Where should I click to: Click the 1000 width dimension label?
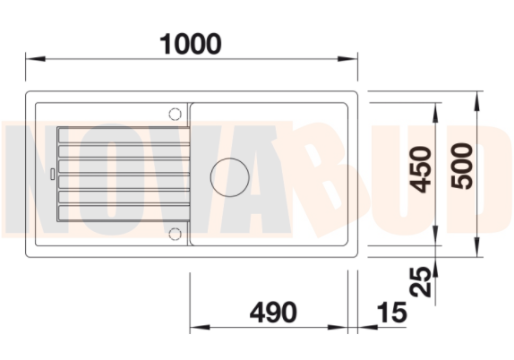[x=190, y=44]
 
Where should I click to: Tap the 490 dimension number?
[x=273, y=313]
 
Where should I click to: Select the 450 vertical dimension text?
[x=421, y=169]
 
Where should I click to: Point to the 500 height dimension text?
[x=462, y=166]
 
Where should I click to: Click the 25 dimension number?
[x=420, y=281]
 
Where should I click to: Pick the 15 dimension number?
[x=392, y=313]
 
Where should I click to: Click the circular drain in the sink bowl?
[x=230, y=177]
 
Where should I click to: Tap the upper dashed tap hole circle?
[x=175, y=114]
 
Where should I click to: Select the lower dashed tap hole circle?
[x=175, y=234]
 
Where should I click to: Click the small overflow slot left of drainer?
[x=52, y=174]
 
